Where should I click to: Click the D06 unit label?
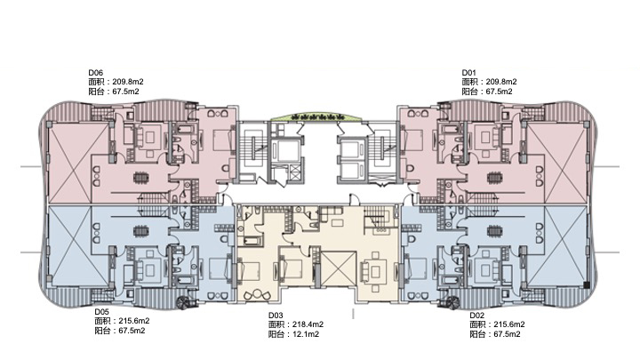pyautogui.click(x=95, y=73)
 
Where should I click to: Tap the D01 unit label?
pyautogui.click(x=469, y=73)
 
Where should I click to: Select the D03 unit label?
pyautogui.click(x=276, y=316)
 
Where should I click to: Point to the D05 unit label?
pyautogui.click(x=101, y=312)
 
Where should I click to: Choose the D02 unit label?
pyautogui.click(x=476, y=316)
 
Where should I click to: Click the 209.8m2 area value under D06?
pyautogui.click(x=128, y=82)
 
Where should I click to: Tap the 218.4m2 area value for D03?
pyautogui.click(x=308, y=325)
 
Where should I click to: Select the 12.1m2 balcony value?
pyautogui.click(x=306, y=335)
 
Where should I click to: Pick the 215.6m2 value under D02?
pyautogui.click(x=509, y=325)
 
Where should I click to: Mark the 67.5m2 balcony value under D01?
pyautogui.click(x=500, y=92)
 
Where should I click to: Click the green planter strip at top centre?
pyautogui.click(x=316, y=116)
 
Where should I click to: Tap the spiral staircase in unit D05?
pyautogui.click(x=182, y=302)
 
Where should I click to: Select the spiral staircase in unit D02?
pyautogui.click(x=452, y=302)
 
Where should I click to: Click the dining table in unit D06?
pyautogui.click(x=141, y=178)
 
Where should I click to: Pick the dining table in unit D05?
pyautogui.click(x=141, y=231)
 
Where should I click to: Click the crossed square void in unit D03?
pyautogui.click(x=339, y=268)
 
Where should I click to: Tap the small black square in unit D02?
pyautogui.click(x=587, y=285)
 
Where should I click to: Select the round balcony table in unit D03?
pyautogui.click(x=257, y=293)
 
